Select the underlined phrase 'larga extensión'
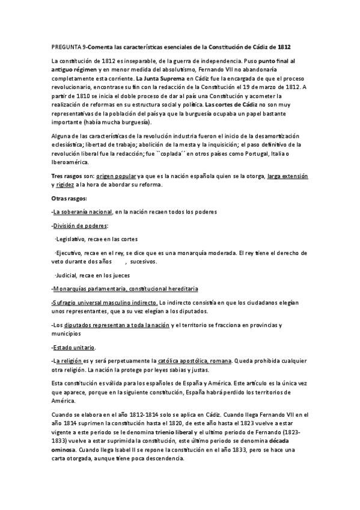tap(288, 176)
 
